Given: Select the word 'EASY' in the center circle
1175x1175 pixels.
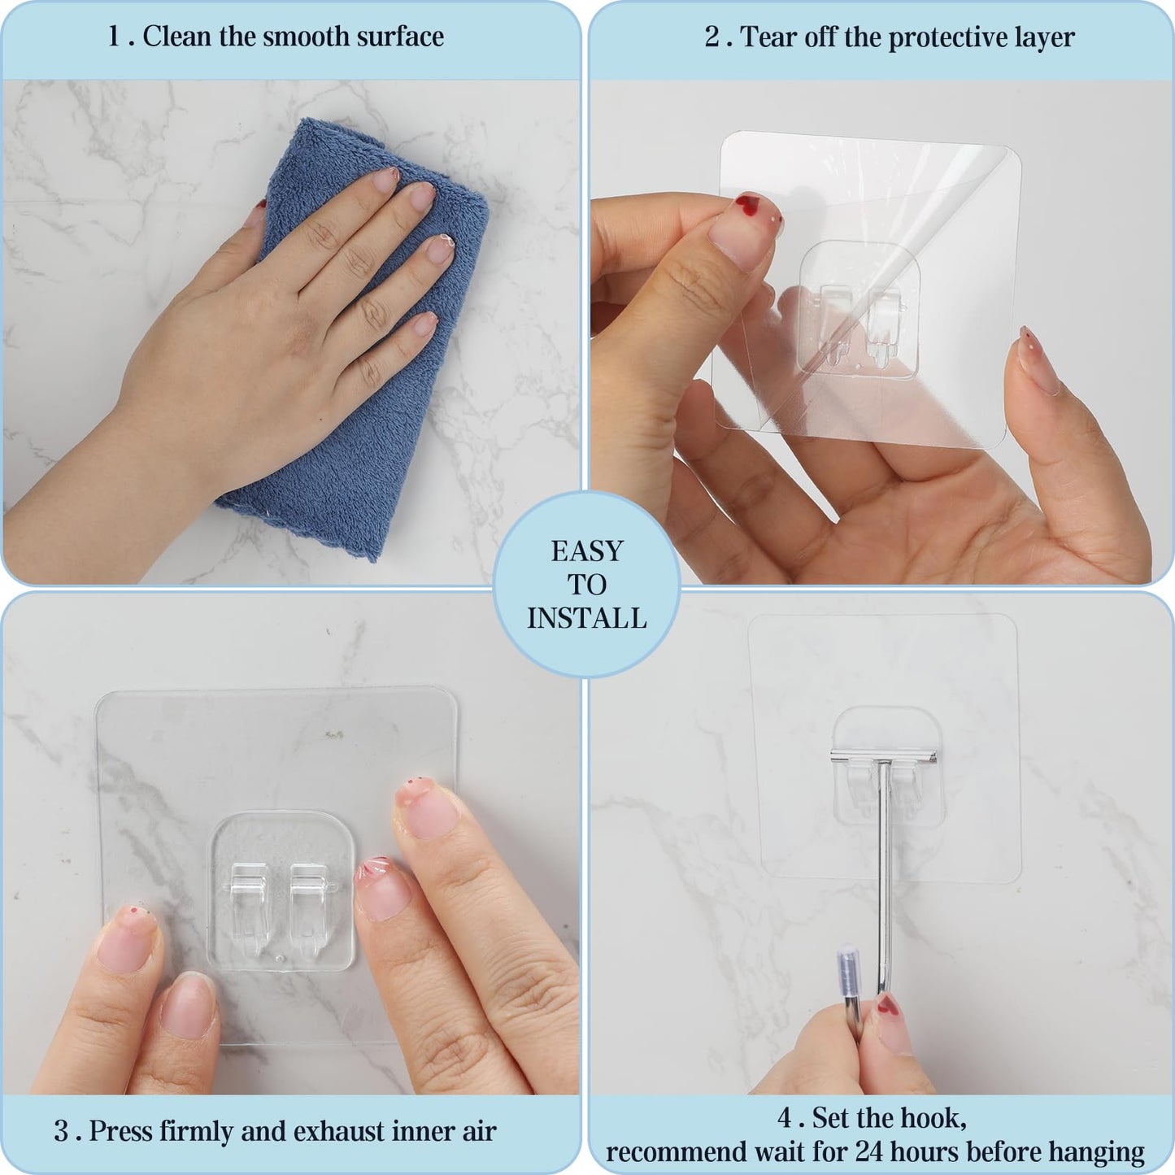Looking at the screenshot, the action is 587,551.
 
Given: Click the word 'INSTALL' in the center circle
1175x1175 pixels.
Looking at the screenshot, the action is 586,618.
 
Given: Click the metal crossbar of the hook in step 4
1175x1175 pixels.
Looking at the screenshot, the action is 884,757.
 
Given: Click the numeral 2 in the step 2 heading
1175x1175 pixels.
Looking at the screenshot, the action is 712,37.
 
